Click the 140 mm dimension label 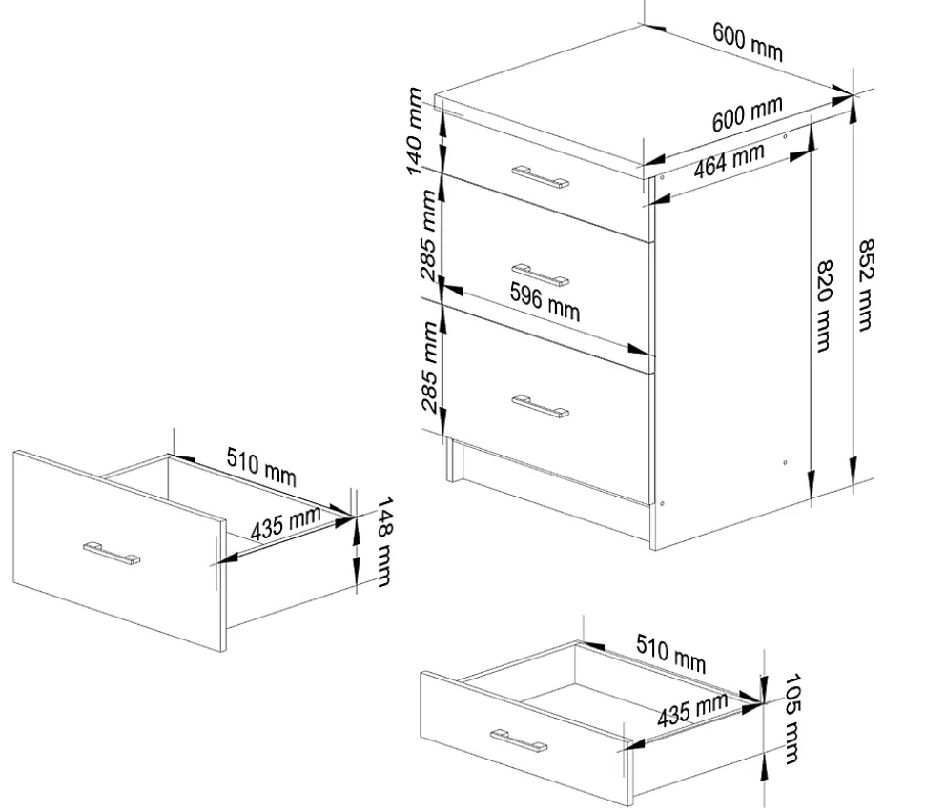(415, 131)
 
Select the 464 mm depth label (730, 160)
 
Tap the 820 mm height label (824, 306)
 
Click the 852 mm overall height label (866, 285)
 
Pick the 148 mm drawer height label (383, 541)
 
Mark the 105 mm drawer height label (792, 719)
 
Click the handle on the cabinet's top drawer (540, 177)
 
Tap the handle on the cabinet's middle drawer (540, 275)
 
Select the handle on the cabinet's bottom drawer (540, 406)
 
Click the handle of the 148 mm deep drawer (112, 554)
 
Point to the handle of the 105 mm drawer (518, 740)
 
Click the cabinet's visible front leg (454, 459)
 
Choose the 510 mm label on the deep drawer (261, 467)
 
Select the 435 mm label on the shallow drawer (692, 710)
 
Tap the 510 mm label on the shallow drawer (670, 654)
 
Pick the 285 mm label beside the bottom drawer (429, 367)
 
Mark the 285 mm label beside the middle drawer (429, 234)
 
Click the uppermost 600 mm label (748, 41)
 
